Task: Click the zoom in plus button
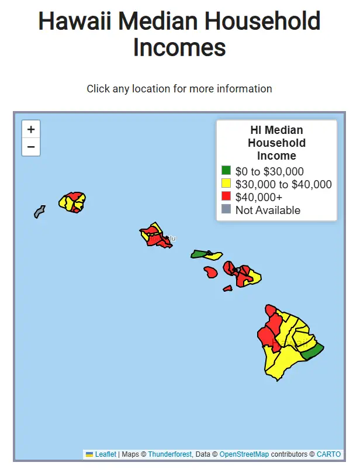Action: pyautogui.click(x=31, y=129)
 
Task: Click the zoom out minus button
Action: pyautogui.click(x=31, y=147)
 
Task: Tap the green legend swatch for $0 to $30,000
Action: pyautogui.click(x=226, y=171)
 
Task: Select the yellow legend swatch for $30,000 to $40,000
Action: pyautogui.click(x=226, y=184)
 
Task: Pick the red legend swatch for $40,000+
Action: pyautogui.click(x=226, y=196)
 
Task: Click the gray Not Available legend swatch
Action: pyautogui.click(x=226, y=209)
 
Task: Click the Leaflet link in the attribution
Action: pyautogui.click(x=105, y=454)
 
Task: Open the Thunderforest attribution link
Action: pyautogui.click(x=169, y=454)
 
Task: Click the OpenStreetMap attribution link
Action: pyautogui.click(x=244, y=454)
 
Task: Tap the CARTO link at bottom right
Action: pyautogui.click(x=328, y=454)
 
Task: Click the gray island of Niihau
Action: pyautogui.click(x=39, y=211)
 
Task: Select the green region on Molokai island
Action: pyautogui.click(x=199, y=254)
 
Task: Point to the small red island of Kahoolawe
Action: pyautogui.click(x=227, y=288)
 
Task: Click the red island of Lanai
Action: pyautogui.click(x=210, y=272)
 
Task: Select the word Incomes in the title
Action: pyautogui.click(x=179, y=47)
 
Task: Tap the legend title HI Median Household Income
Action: pyautogui.click(x=276, y=143)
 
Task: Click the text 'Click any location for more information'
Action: pyautogui.click(x=179, y=89)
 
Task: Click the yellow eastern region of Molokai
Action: pyautogui.click(x=214, y=256)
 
